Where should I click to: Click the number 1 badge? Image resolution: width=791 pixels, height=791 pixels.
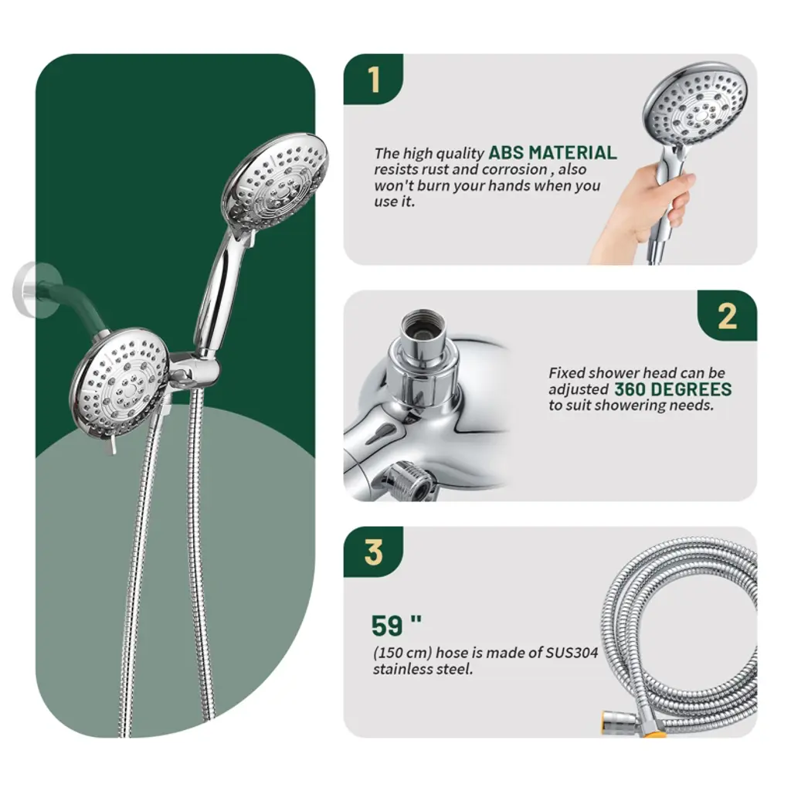coord(373,80)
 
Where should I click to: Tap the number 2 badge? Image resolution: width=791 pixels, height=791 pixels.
coord(727,316)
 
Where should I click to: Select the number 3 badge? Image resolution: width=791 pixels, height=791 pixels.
coord(373,552)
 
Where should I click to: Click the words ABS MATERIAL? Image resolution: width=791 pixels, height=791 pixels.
coord(552,152)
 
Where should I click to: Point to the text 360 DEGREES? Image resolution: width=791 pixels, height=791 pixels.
coord(673,389)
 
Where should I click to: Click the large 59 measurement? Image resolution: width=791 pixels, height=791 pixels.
coord(396,626)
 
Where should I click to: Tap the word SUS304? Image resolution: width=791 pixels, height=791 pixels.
coord(572,652)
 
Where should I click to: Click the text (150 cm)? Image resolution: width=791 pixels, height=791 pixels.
coord(402,653)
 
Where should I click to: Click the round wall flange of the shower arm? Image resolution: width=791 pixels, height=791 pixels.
coord(29,290)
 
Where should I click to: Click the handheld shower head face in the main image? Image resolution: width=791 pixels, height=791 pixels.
coord(277,181)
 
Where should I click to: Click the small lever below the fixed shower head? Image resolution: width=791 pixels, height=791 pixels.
coord(113,445)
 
